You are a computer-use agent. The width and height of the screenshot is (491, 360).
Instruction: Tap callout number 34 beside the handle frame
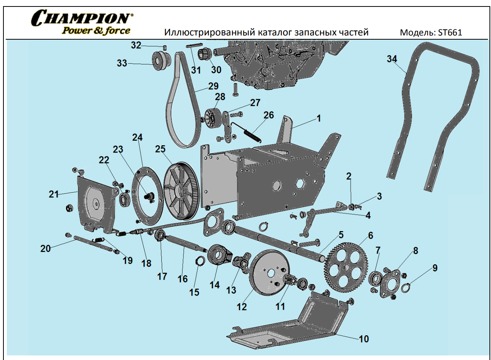coord(392,59)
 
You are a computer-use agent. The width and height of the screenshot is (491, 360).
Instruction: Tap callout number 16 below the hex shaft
coord(182,279)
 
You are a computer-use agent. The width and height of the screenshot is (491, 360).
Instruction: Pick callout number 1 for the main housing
coord(319,119)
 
